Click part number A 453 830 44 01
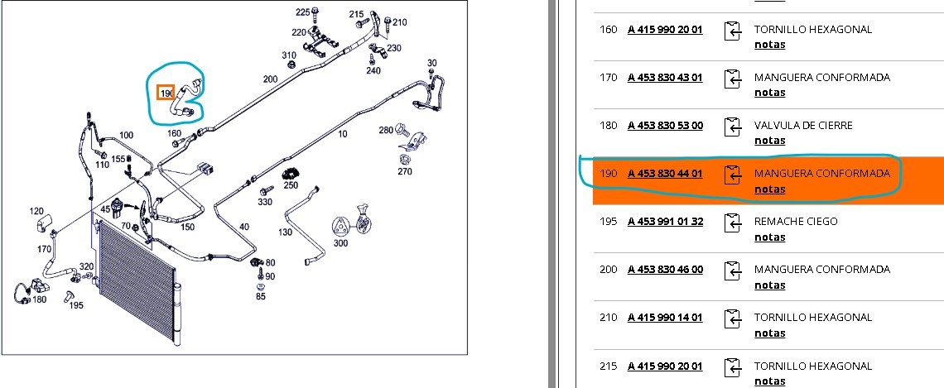coord(665,173)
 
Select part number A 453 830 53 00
coord(665,125)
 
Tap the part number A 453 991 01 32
coord(665,222)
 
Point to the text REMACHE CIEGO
coord(795,222)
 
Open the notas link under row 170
coord(769,93)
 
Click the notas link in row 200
coord(769,285)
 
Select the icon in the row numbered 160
coord(732,31)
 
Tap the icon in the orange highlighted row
coord(732,175)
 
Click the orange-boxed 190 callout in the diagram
coord(166,93)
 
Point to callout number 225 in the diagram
coord(302,12)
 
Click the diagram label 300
coord(341,243)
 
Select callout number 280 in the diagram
coord(386,131)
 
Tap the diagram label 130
coord(286,232)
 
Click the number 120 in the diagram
coord(36,210)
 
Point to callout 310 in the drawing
coord(289,55)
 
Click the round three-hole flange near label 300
coord(341,227)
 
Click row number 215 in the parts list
coord(608,366)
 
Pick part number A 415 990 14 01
coord(665,318)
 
